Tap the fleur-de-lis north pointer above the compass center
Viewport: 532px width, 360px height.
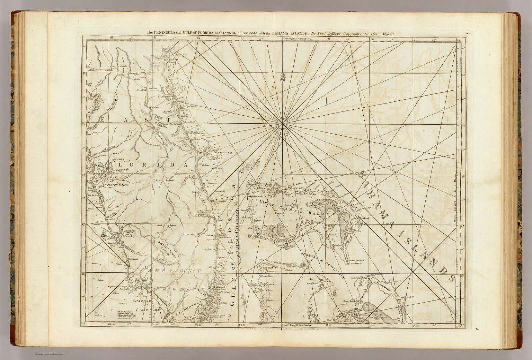pos(283,76)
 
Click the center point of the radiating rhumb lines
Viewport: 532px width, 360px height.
pos(283,123)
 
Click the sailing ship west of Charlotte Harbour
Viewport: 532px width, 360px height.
pos(103,234)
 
